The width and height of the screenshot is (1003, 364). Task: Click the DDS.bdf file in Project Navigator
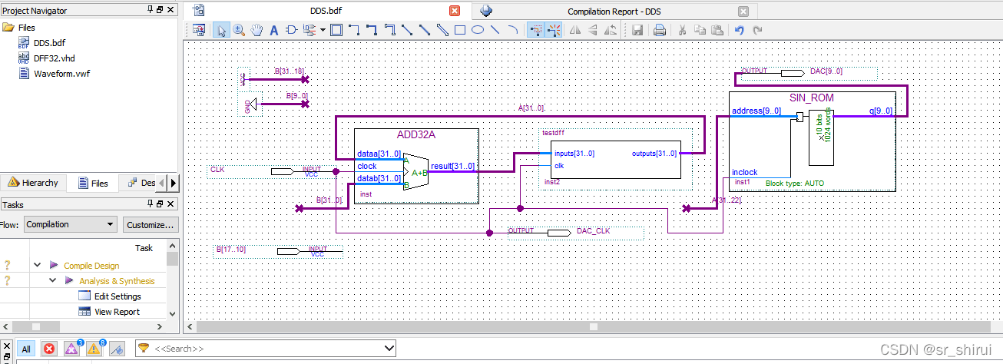point(49,43)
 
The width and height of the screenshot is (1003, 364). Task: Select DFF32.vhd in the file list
point(54,58)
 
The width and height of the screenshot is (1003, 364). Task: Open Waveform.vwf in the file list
point(61,74)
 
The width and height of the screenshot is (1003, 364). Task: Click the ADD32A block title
point(416,135)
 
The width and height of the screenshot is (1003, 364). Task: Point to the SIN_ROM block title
point(811,98)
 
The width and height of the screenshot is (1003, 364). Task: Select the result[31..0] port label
point(452,167)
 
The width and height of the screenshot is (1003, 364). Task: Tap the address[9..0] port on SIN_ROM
point(756,111)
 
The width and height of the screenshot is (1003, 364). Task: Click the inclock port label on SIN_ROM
point(745,172)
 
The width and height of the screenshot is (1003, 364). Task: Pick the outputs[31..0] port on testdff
point(654,153)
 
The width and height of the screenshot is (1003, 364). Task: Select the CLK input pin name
point(217,168)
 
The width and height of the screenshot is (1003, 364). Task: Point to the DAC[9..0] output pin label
point(826,71)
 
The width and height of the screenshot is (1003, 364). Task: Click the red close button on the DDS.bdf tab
point(455,11)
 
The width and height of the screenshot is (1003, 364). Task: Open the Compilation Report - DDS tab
point(613,12)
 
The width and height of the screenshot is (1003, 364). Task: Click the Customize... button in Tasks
point(151,224)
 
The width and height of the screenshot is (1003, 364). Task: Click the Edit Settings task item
point(117,296)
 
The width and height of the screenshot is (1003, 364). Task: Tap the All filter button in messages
point(26,349)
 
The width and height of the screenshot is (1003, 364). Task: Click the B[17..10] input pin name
point(230,249)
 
